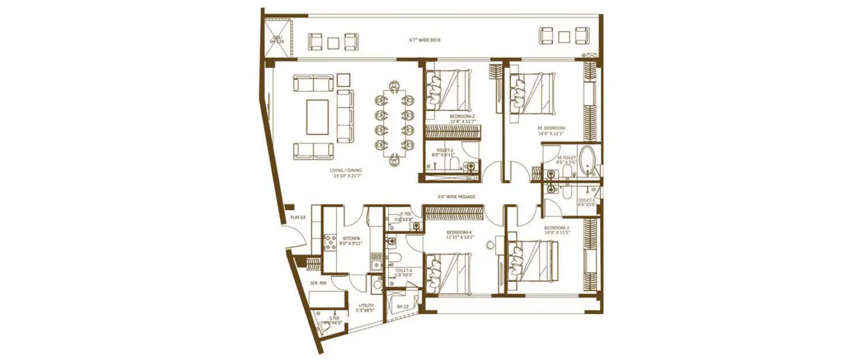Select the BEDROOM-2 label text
click(462, 116)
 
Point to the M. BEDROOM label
click(551, 128)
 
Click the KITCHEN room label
click(351, 238)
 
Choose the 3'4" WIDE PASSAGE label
click(456, 197)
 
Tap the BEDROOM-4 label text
click(460, 233)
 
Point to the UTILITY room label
click(366, 305)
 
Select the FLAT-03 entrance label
click(297, 217)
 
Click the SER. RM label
click(318, 283)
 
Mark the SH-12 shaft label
click(402, 306)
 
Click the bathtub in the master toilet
click(588, 161)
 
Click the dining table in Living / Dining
click(394, 122)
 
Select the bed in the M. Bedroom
click(533, 93)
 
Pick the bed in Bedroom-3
click(533, 261)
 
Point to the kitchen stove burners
click(332, 242)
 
